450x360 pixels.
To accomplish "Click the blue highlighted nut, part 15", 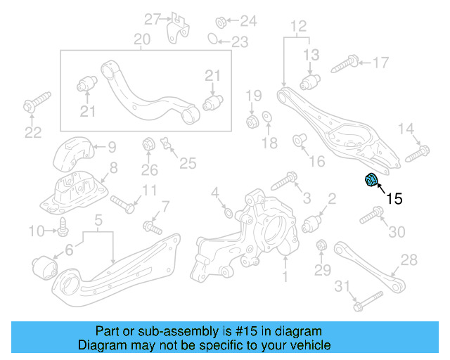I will (371, 181).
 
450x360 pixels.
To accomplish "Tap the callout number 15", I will (394, 199).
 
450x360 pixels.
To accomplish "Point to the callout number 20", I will (142, 39).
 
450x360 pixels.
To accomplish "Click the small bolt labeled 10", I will (63, 227).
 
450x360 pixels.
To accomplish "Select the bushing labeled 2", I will (313, 224).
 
